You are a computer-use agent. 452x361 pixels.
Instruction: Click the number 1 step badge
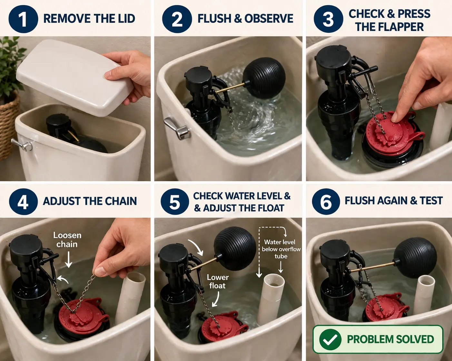pos(23,19)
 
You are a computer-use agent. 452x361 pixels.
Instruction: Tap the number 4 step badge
pos(23,202)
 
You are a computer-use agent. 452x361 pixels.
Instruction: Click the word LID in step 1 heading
pos(125,18)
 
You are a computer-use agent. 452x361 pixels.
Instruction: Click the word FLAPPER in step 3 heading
pos(390,27)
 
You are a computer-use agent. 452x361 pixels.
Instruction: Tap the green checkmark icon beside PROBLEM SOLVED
pos(330,339)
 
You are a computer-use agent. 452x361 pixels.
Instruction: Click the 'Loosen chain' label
pos(67,240)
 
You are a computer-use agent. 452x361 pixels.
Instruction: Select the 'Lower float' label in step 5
pos(218,281)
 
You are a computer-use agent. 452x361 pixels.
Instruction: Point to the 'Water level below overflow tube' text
pos(281,249)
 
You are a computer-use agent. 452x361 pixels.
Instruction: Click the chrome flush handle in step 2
pos(177,128)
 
